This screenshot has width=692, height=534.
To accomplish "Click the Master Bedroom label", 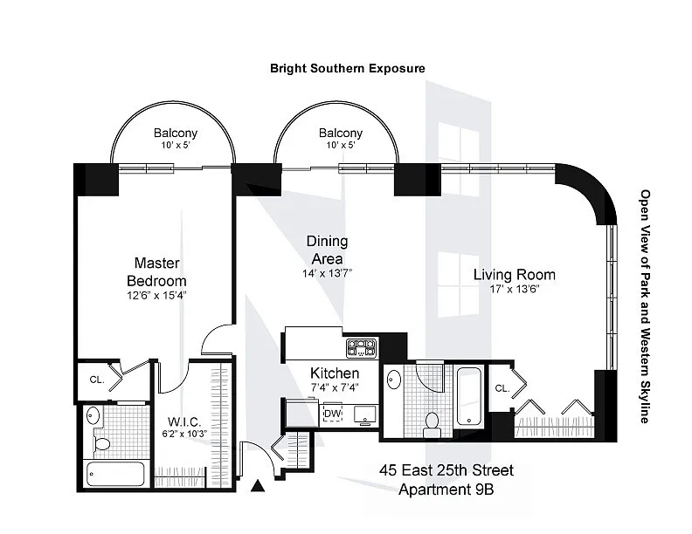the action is point(157,271).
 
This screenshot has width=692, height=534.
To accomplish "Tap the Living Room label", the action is point(515,275).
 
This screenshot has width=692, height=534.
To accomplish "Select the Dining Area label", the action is point(328,250).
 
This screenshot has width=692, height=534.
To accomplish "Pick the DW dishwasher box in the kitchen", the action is point(332,414).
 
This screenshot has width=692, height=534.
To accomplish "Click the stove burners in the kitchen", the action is point(360,348).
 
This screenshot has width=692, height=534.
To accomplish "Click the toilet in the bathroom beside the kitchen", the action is point(430,424).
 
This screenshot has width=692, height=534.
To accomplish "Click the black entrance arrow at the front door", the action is point(259,487).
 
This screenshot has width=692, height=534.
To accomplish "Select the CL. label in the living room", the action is point(502,388).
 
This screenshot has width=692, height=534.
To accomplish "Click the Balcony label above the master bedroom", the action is point(176,133).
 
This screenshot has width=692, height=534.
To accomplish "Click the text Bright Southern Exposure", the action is point(347,67).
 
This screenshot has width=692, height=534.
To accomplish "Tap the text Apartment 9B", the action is point(446,489).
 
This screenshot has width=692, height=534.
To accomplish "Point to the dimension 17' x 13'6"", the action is point(515,290).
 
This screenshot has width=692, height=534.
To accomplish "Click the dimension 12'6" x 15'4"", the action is point(157,295).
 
